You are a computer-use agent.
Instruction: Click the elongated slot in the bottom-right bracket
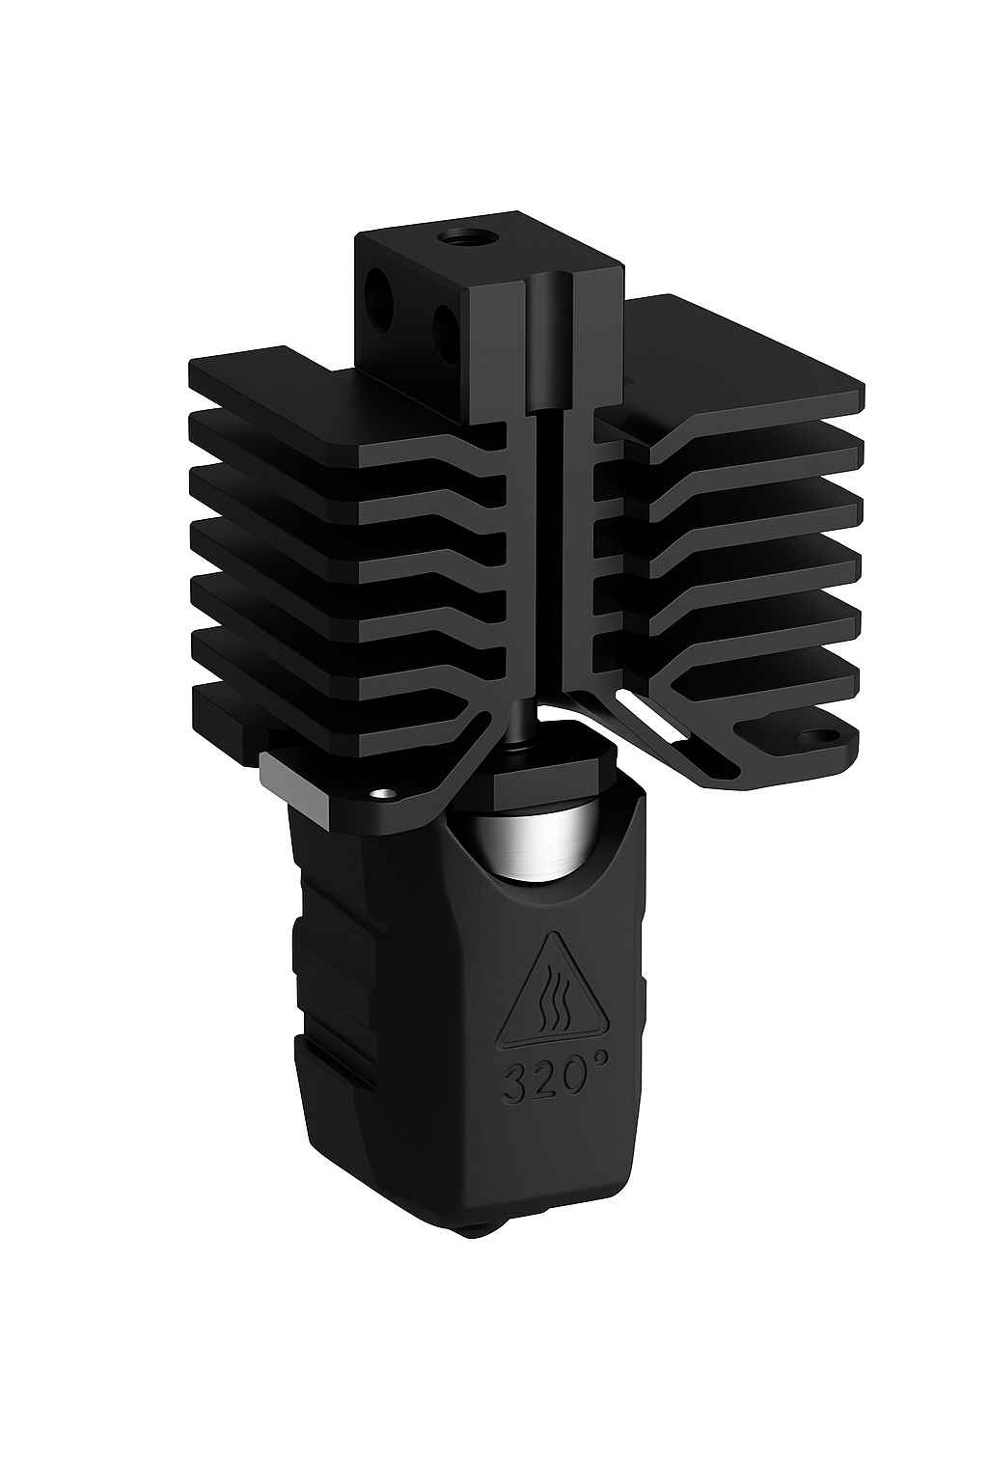click(681, 744)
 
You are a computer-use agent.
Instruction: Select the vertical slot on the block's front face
click(551, 347)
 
